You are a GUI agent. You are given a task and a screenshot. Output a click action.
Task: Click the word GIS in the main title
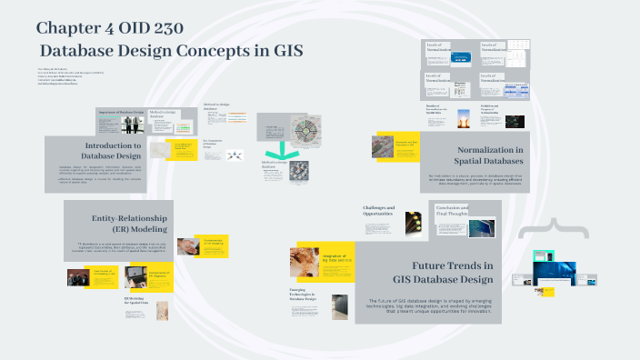coord(280,50)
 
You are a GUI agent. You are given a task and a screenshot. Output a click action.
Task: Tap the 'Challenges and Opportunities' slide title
coord(379,211)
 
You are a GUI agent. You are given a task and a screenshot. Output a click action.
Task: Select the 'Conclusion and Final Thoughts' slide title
coord(452,210)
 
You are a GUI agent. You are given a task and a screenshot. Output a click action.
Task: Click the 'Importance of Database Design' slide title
coord(120,112)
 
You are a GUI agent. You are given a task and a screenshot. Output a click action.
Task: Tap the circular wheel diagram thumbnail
coord(302,129)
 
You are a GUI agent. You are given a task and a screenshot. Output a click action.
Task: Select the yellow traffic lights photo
coord(415,223)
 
